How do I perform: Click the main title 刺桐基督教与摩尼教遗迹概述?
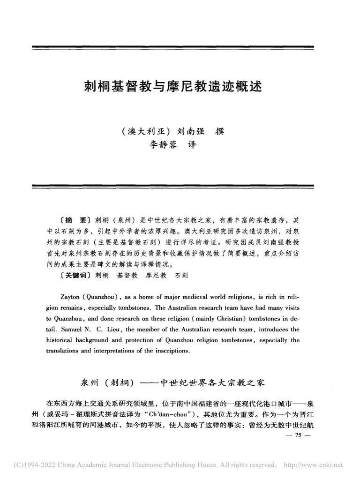coord(172,87)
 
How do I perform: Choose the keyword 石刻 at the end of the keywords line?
coord(181,277)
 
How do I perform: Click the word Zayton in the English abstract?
coord(71,297)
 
